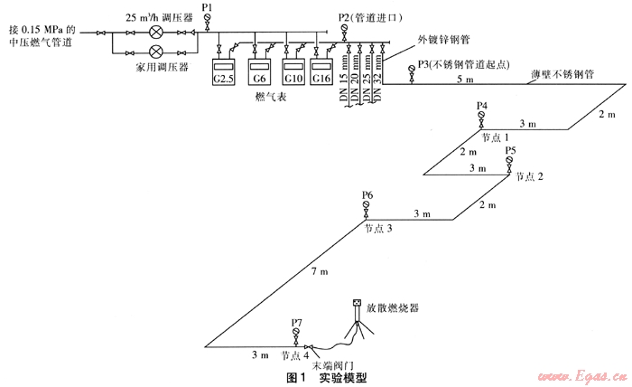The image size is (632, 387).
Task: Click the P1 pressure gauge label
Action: tap(208, 7)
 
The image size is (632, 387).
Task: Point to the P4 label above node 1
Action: tap(482, 106)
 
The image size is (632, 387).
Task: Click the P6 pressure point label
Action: tap(367, 195)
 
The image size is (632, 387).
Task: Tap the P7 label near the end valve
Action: tap(297, 321)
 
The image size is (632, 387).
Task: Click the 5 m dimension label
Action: tap(464, 80)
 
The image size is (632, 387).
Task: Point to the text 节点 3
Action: tap(378, 230)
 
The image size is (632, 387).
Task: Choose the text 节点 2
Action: tap(530, 176)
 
